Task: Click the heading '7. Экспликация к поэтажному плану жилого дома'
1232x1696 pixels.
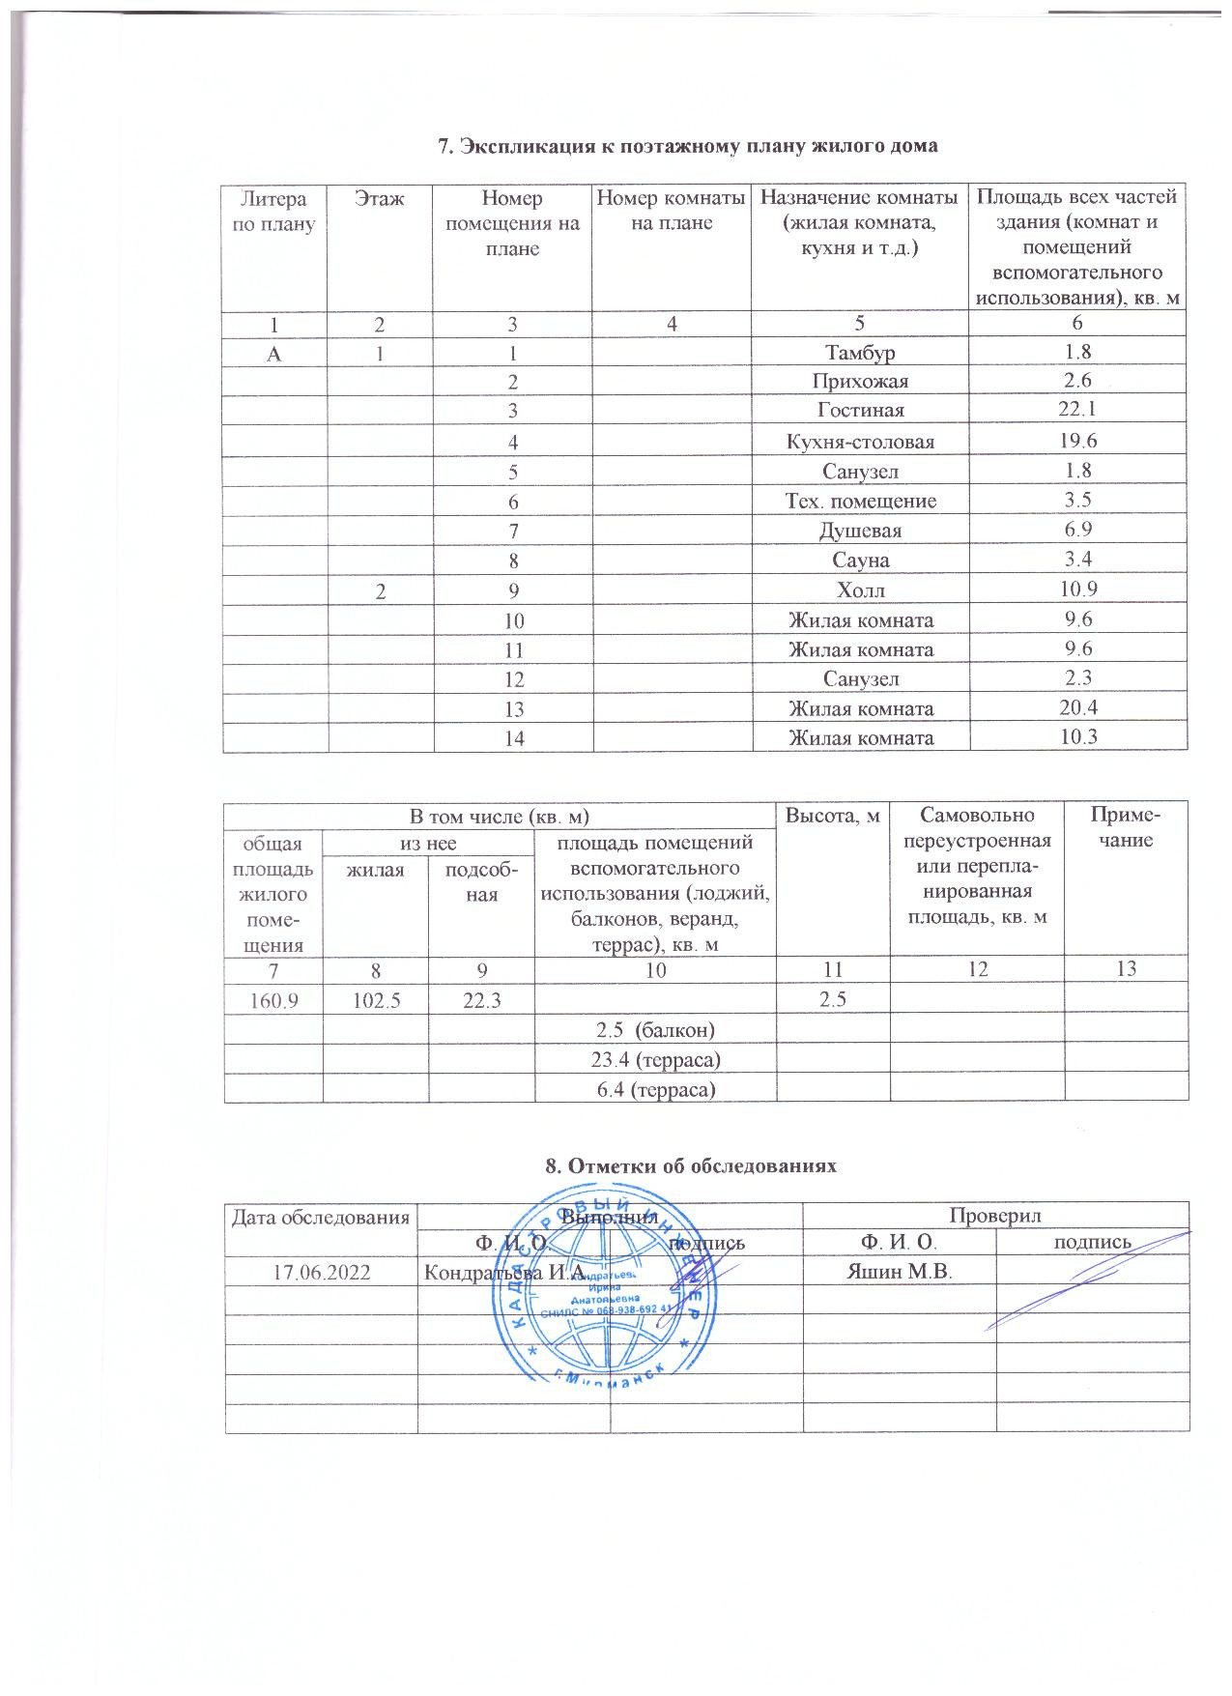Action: point(689,147)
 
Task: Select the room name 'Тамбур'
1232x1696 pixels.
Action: point(860,352)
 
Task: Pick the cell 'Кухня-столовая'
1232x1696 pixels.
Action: point(860,442)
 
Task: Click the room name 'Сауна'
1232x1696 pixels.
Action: point(860,561)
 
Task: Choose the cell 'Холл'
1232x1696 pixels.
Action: point(860,589)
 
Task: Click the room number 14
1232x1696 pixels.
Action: point(513,738)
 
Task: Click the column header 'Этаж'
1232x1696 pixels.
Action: point(380,199)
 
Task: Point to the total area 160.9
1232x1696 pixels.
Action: point(273,997)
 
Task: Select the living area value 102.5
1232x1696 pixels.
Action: point(375,997)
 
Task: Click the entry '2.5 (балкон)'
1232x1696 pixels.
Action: point(656,1029)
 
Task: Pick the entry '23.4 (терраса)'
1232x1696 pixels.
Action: point(656,1059)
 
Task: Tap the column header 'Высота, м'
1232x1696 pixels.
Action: point(833,817)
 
